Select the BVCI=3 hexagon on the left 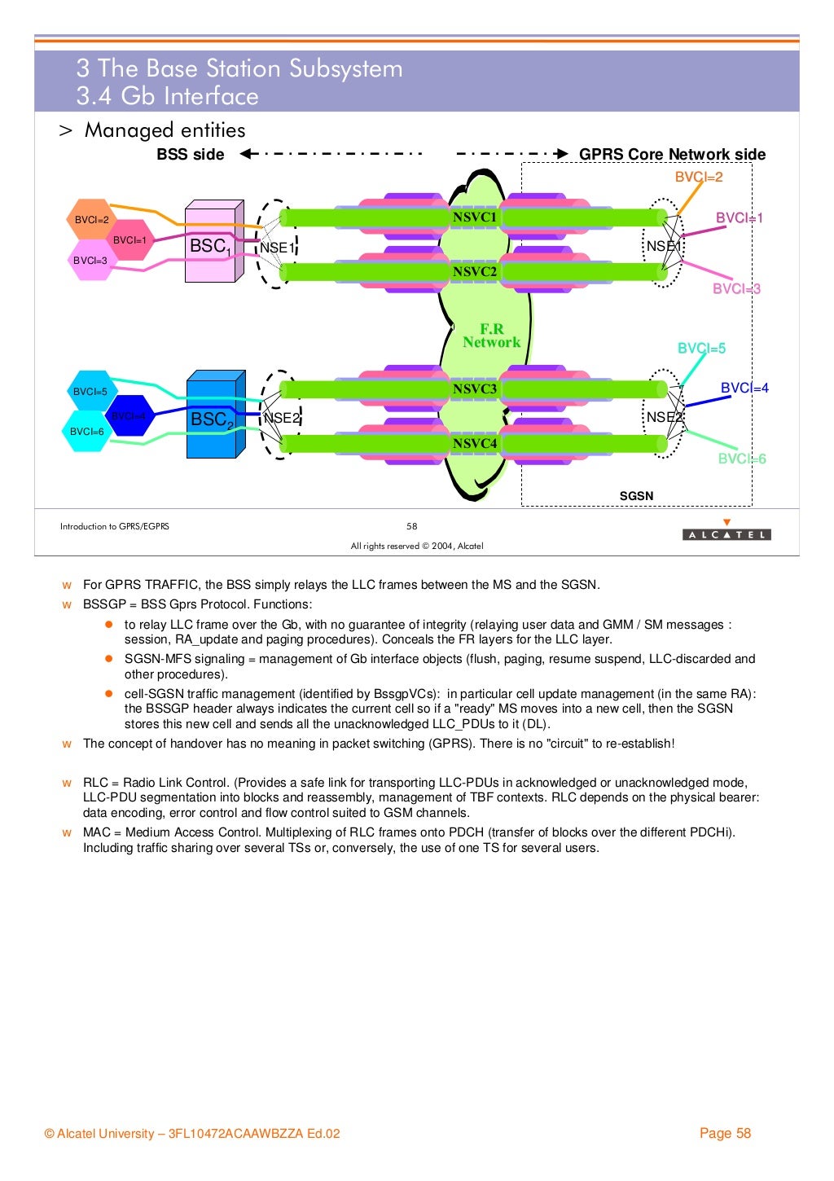(x=90, y=261)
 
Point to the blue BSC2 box (x=214, y=416)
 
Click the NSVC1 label (x=475, y=217)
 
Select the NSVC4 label (x=475, y=444)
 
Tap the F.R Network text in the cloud (x=491, y=336)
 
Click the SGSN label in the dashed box (x=636, y=496)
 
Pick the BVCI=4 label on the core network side (x=744, y=389)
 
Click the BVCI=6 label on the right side (x=742, y=459)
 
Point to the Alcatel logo (x=726, y=531)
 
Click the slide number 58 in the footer (x=412, y=526)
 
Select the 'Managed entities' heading (x=165, y=130)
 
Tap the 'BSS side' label (x=191, y=155)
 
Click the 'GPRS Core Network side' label (x=672, y=155)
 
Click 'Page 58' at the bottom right (x=725, y=1133)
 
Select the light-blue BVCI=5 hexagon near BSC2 (x=90, y=392)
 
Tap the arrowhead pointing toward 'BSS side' (x=247, y=154)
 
